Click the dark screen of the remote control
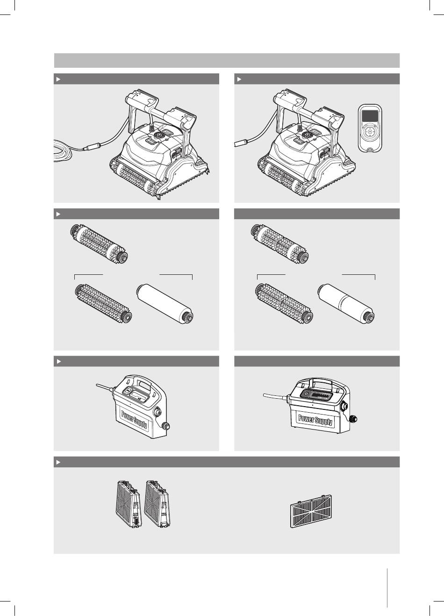click(x=370, y=116)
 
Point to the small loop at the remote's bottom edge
click(x=370, y=149)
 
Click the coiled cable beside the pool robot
click(x=63, y=150)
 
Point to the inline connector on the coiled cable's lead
click(x=92, y=146)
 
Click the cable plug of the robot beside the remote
click(x=242, y=143)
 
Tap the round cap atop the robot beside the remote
click(x=306, y=135)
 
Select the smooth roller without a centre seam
click(x=165, y=304)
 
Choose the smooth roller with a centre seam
click(x=346, y=304)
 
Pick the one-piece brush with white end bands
click(x=99, y=244)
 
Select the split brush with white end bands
click(x=279, y=244)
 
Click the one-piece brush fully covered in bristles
click(x=103, y=304)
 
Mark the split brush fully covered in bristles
click(x=284, y=304)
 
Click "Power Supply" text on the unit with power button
click(x=315, y=420)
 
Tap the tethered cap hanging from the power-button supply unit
click(x=354, y=419)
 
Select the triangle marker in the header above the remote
click(x=239, y=79)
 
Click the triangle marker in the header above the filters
click(x=58, y=462)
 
